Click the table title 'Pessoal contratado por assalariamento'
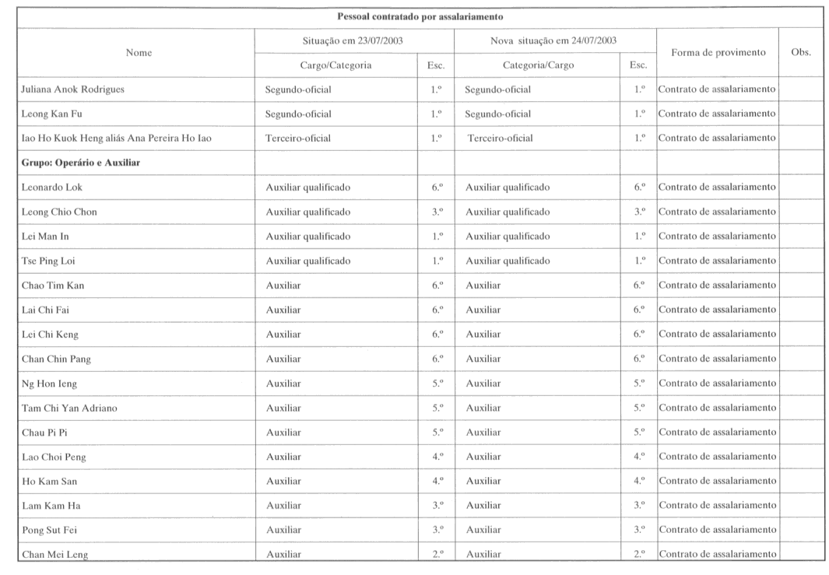[420, 16]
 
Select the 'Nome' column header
[139, 53]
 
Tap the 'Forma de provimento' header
[718, 53]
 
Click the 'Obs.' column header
[800, 53]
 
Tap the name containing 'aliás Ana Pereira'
[117, 138]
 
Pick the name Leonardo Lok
[52, 188]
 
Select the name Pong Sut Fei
[49, 530]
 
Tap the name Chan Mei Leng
[54, 555]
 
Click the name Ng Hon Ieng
[50, 384]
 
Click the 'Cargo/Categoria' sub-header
[335, 65]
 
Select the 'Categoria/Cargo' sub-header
[538, 65]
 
